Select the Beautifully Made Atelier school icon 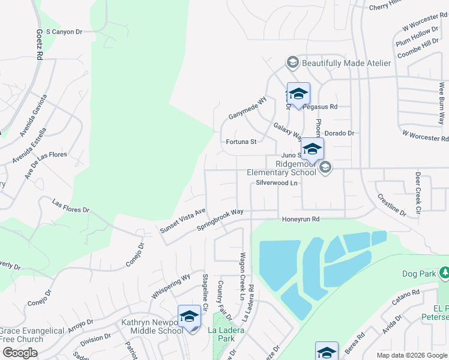292,63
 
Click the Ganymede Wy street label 247,108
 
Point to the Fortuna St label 241,142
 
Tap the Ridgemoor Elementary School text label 287,168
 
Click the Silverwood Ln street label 277,182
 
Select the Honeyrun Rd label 301,220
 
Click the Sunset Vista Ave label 183,221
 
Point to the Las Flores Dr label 71,206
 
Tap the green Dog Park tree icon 444,274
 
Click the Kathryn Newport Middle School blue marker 189,317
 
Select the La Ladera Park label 226,334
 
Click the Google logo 20,352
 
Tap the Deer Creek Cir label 418,194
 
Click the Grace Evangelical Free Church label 32,335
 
